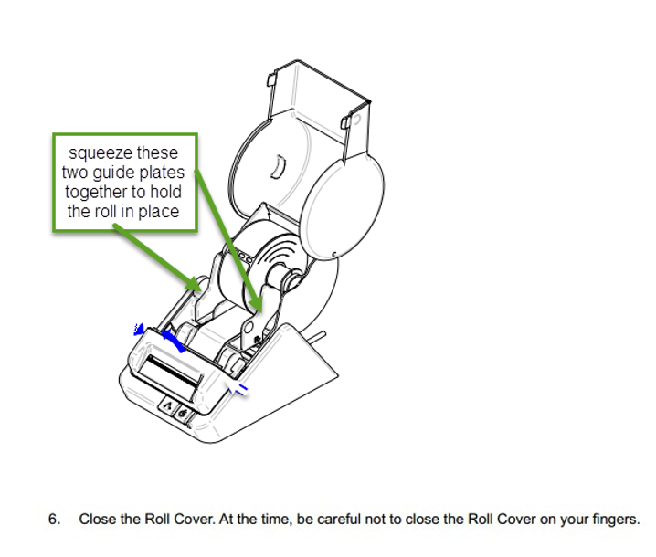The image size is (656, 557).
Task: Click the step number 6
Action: [x=53, y=520]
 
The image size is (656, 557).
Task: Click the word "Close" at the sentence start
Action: [x=97, y=520]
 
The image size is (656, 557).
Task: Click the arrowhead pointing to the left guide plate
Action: [x=196, y=285]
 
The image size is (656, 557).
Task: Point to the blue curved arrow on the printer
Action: [x=171, y=340]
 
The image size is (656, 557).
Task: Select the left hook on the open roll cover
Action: [x=272, y=79]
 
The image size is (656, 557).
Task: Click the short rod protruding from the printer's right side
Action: [x=318, y=341]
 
